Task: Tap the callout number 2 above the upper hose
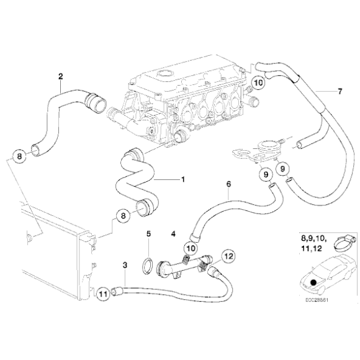point(60,77)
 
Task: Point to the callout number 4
point(174,235)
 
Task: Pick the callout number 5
point(148,235)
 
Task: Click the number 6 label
point(228,184)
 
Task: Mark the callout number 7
point(339,92)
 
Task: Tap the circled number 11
point(103,290)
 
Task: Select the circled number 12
point(228,256)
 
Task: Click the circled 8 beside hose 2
point(20,155)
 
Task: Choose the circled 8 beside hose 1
point(123,216)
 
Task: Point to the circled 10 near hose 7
point(259,82)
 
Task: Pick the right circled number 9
point(283,168)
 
